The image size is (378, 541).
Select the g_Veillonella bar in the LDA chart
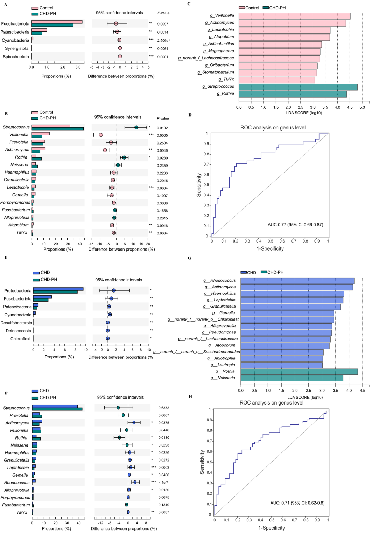[294, 16]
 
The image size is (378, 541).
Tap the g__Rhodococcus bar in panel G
[297, 281]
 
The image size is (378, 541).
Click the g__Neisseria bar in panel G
[292, 378]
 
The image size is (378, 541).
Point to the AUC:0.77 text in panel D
[295, 225]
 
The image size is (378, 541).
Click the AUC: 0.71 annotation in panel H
[297, 503]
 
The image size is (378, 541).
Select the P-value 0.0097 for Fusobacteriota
[163, 24]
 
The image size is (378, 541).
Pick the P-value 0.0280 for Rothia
[162, 158]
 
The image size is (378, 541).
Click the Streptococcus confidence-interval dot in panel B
[136, 127]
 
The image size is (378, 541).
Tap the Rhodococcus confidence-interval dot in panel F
[135, 482]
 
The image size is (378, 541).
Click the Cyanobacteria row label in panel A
[15, 41]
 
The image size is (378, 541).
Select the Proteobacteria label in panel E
[18, 291]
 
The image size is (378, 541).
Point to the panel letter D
[190, 115]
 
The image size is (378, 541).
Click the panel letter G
[189, 258]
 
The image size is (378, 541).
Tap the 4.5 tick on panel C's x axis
[350, 107]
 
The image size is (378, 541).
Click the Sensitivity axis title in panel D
[199, 185]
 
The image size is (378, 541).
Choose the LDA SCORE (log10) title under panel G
[305, 397]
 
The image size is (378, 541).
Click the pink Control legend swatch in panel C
[242, 8]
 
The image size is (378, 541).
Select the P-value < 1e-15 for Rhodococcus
[163, 483]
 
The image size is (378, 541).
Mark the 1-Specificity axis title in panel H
[272, 528]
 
